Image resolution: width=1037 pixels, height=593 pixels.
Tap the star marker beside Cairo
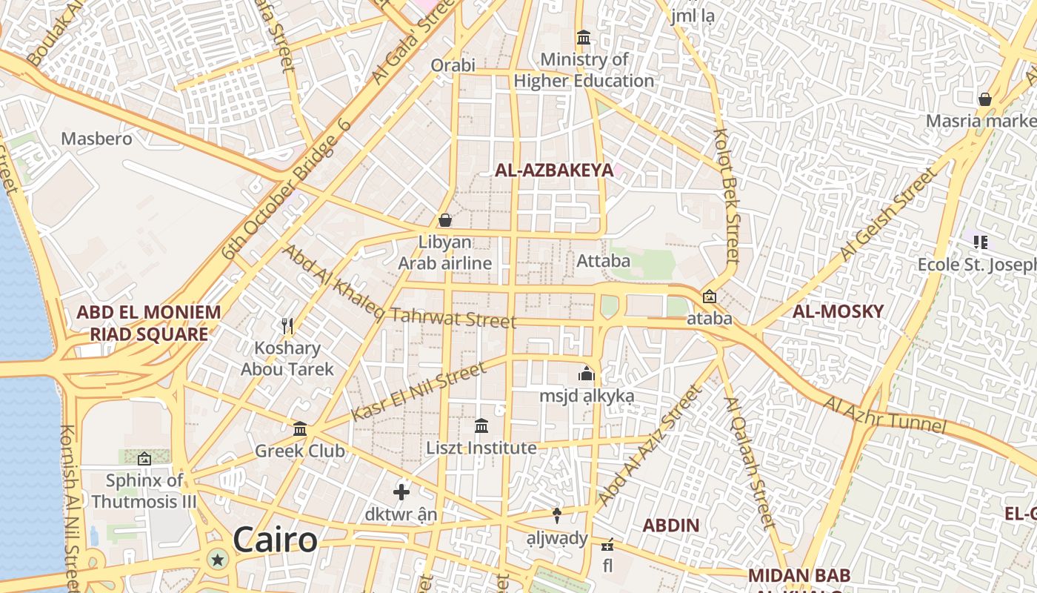pyautogui.click(x=217, y=560)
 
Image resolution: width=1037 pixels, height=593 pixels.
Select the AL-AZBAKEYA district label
pyautogui.click(x=554, y=170)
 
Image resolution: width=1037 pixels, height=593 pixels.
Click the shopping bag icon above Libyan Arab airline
pyautogui.click(x=445, y=220)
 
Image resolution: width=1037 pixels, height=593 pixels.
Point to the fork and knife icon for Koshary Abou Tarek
pyautogui.click(x=287, y=325)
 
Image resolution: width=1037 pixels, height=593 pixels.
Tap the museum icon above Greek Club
pyautogui.click(x=300, y=428)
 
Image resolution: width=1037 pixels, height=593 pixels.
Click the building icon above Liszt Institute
pyautogui.click(x=481, y=425)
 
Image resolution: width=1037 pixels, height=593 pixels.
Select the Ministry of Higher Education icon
pyautogui.click(x=584, y=37)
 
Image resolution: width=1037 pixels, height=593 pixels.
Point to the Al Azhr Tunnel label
pyautogui.click(x=885, y=415)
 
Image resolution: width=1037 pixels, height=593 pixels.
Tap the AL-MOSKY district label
pyautogui.click(x=838, y=311)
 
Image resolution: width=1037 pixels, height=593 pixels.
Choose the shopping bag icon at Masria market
pyautogui.click(x=985, y=99)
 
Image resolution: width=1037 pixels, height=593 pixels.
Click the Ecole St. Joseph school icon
pyautogui.click(x=981, y=242)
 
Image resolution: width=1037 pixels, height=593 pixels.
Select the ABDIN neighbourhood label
pyautogui.click(x=670, y=526)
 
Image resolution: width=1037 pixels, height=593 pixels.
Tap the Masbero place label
pyautogui.click(x=96, y=139)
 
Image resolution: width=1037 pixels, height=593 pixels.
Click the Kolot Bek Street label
pyautogui.click(x=727, y=196)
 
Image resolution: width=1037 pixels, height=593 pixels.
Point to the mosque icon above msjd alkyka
pyautogui.click(x=587, y=374)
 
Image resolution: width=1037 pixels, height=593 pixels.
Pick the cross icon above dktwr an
pyautogui.click(x=401, y=491)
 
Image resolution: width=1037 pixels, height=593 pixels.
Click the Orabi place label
pyautogui.click(x=453, y=65)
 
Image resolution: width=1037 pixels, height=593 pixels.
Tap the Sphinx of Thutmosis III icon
pyautogui.click(x=144, y=459)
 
